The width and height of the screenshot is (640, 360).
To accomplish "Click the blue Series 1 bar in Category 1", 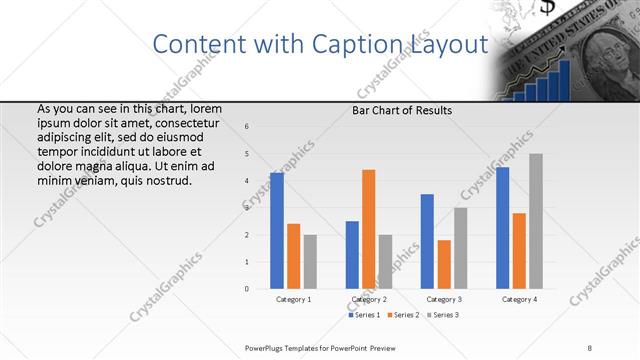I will pyautogui.click(x=277, y=231).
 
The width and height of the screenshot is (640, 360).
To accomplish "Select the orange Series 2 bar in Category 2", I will pyautogui.click(x=368, y=229).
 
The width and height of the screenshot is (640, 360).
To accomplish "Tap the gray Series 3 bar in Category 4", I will pyautogui.click(x=536, y=221).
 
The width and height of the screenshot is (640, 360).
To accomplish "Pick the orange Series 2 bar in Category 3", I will pyautogui.click(x=444, y=264).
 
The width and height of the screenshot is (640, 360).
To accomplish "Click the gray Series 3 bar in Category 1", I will pyautogui.click(x=310, y=262).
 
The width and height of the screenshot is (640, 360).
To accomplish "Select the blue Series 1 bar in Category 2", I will pyautogui.click(x=352, y=255).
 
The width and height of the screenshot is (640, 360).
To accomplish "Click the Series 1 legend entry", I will pyautogui.click(x=364, y=314).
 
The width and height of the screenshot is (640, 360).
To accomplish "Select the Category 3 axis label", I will pyautogui.click(x=444, y=299).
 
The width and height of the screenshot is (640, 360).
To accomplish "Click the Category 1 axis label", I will pyautogui.click(x=293, y=299).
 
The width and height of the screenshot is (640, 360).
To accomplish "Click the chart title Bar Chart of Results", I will pyautogui.click(x=402, y=110).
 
